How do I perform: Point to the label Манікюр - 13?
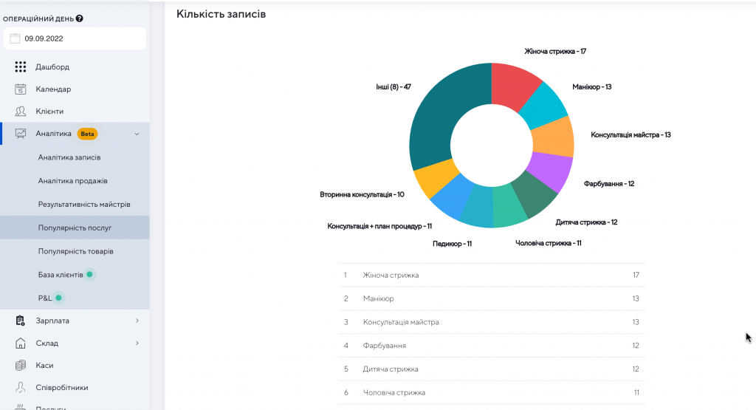(x=591, y=87)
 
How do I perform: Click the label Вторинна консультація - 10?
(x=362, y=194)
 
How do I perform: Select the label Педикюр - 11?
(x=452, y=244)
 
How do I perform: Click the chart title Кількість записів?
(x=221, y=14)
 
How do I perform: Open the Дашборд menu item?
(x=52, y=67)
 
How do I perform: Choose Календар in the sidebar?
(x=53, y=89)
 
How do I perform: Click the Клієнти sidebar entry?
(x=49, y=112)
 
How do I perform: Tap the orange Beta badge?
(x=88, y=134)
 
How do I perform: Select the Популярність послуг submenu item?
(x=75, y=228)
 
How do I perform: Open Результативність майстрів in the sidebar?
(x=84, y=204)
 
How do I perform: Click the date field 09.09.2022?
(x=74, y=38)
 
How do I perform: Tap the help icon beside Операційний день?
(x=80, y=18)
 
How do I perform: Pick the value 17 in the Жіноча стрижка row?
(x=635, y=275)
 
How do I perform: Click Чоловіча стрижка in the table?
(x=394, y=392)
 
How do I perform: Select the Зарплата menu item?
(x=52, y=321)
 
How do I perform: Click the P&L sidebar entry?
(x=46, y=298)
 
